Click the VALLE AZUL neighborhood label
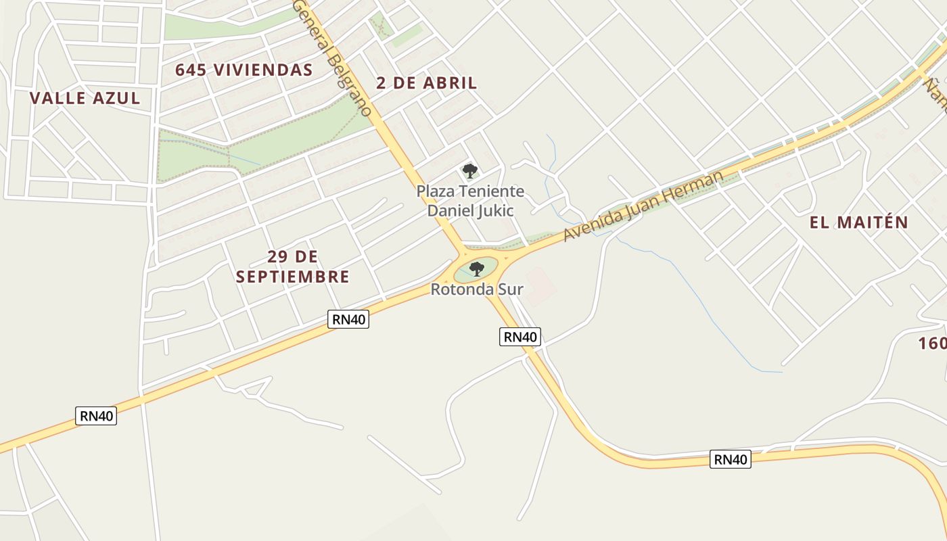pos(85,98)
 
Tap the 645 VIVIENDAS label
pos(244,70)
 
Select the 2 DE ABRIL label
pos(426,83)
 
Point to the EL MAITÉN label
pos(858,222)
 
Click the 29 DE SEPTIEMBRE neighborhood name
pos(292,266)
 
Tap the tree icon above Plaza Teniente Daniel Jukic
pos(469,171)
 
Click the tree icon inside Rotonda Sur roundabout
pos(477,269)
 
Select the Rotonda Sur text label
pos(477,289)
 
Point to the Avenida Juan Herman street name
pos(643,206)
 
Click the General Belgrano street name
pos(333,57)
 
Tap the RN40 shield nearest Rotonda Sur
pos(520,336)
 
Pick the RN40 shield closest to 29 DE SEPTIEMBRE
pos(348,319)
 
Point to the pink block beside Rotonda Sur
pos(540,286)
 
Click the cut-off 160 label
pos(932,344)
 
